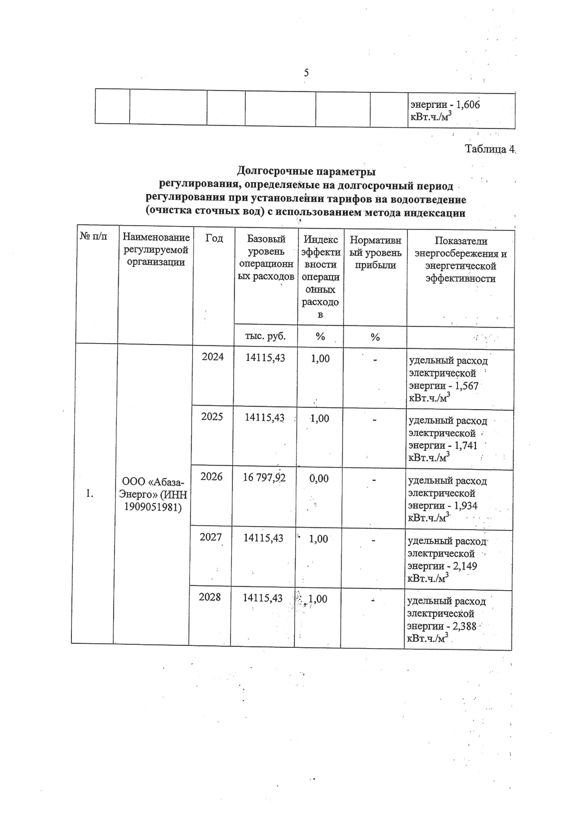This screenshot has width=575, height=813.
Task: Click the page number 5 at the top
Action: (306, 73)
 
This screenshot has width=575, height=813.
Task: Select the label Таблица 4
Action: (489, 149)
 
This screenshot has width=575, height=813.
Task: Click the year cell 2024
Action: (213, 357)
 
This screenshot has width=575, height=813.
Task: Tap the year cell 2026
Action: (211, 477)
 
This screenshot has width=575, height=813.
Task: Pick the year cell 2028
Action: (210, 597)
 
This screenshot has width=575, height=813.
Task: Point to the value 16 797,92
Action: (264, 478)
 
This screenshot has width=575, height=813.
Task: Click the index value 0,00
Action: (319, 478)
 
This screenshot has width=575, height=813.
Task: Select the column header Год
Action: (214, 238)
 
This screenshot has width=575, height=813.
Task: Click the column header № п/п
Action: (93, 236)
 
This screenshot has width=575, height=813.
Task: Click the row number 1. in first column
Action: (90, 493)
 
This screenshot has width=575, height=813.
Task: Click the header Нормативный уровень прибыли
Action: (375, 252)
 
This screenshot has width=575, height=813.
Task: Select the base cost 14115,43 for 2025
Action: (264, 418)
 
